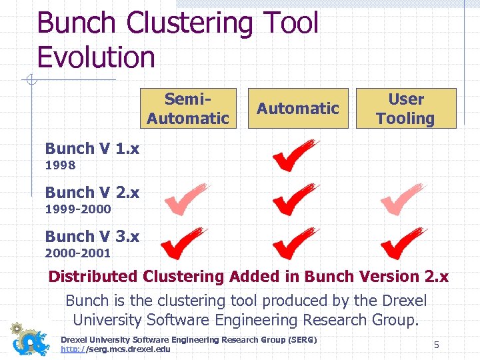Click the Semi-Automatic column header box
coord(188,108)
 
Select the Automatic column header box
coord(298,108)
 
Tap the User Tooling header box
coord(406,108)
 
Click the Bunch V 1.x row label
coord(92,149)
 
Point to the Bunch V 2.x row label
coord(92,193)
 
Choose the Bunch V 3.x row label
coord(92,237)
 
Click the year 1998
coord(60,165)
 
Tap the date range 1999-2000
coord(77,209)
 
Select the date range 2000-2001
coord(77,253)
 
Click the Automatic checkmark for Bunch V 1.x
coord(294,155)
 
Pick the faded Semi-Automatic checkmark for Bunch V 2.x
coord(186,199)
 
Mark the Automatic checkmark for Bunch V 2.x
coord(294,199)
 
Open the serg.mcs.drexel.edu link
coord(115,349)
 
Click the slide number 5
coord(437,345)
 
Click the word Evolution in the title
coord(96,57)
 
